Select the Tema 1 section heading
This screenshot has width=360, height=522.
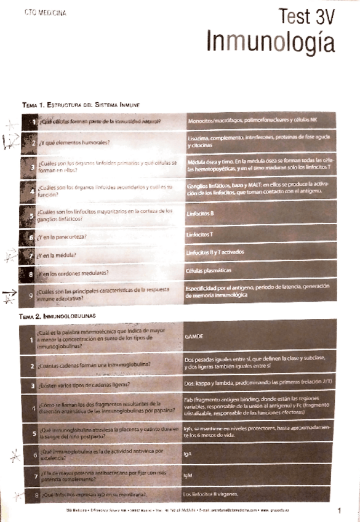(x=82, y=105)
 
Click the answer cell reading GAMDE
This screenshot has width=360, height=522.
(x=194, y=337)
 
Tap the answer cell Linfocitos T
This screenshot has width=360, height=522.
(x=199, y=235)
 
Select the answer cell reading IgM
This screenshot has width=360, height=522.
(x=188, y=475)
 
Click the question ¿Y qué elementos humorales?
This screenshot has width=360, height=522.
(x=74, y=143)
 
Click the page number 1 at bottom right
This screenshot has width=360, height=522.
(x=339, y=510)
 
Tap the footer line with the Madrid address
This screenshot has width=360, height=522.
(x=185, y=511)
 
